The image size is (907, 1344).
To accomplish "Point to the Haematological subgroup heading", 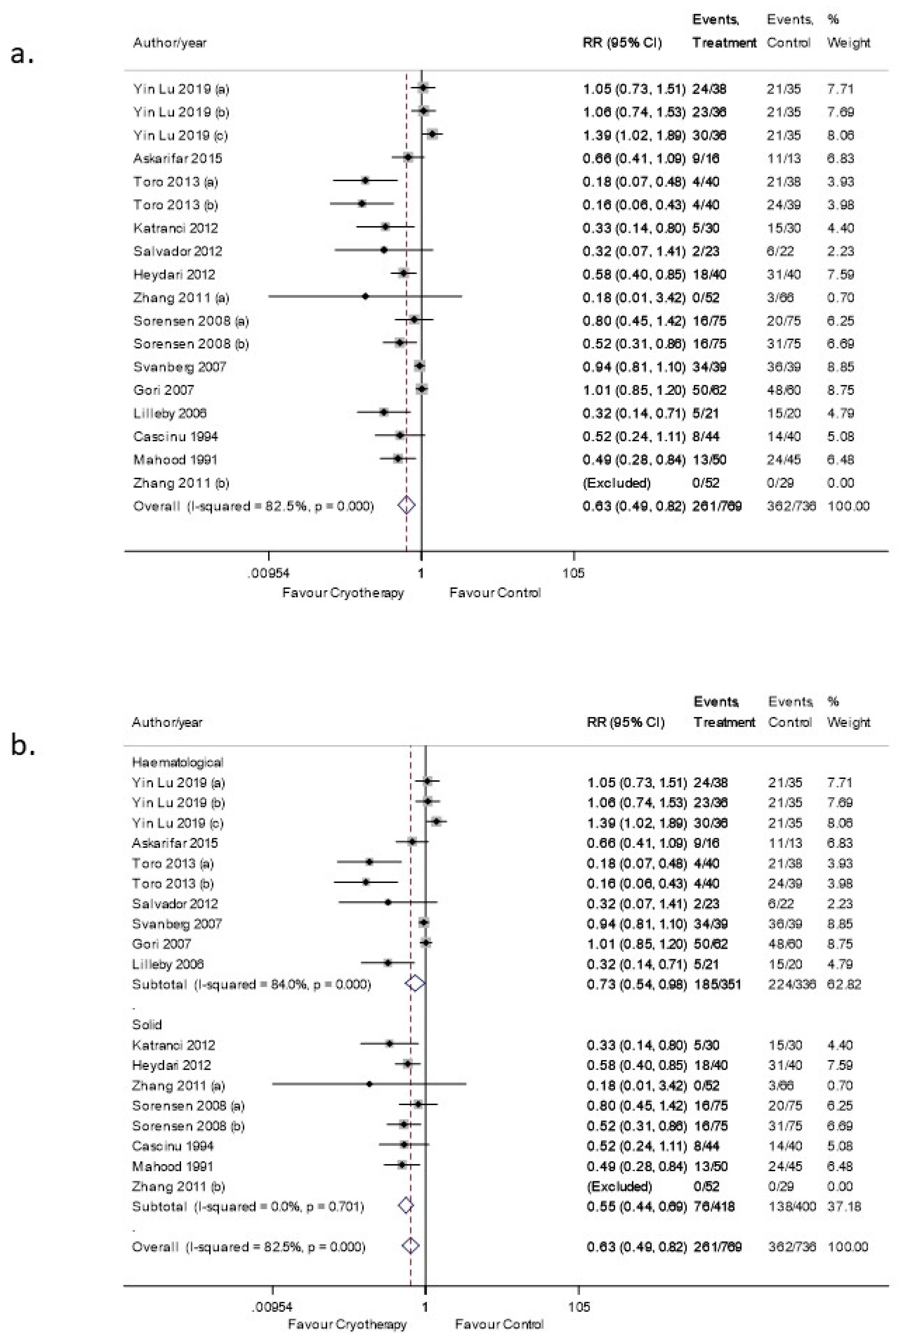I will (x=177, y=762).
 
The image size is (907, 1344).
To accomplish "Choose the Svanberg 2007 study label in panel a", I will (x=179, y=367).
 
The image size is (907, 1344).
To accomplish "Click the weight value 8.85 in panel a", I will (x=840, y=367).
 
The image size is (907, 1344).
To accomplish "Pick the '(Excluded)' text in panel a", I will (x=616, y=482).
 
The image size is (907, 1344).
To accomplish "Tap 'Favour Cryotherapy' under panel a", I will (x=343, y=593).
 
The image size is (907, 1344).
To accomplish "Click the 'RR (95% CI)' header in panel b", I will (x=626, y=722).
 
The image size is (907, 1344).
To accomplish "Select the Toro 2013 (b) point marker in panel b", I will (x=365, y=882).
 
